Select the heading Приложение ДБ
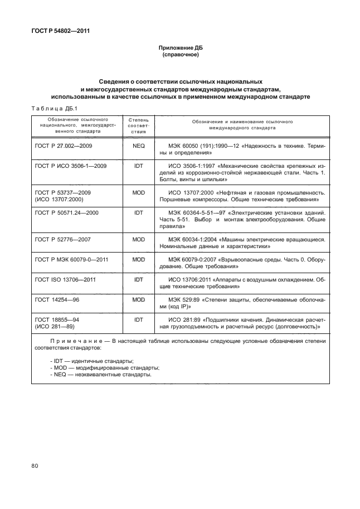click(180, 49)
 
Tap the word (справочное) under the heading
click(180, 55)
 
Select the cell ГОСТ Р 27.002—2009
click(64, 145)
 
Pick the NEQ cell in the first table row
click(139, 145)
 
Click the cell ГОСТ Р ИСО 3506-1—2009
click(71, 166)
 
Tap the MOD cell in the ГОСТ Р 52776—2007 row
click(139, 239)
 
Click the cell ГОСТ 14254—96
click(58, 299)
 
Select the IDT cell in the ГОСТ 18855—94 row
click(139, 320)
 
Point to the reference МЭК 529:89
click(188, 299)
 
